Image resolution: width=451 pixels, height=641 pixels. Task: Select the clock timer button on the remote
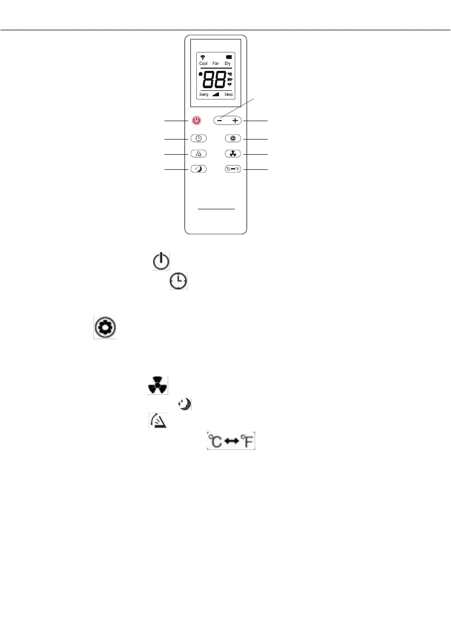(198, 138)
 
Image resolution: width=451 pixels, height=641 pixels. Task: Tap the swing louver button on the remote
(198, 154)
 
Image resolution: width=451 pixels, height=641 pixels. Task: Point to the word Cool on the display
(203, 63)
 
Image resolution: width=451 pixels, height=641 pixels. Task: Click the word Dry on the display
(228, 63)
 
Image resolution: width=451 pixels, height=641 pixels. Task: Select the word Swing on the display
(203, 94)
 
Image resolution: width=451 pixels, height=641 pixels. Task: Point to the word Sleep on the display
(228, 94)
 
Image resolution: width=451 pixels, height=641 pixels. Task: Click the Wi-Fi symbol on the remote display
(203, 57)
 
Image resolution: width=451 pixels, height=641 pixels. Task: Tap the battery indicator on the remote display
(228, 57)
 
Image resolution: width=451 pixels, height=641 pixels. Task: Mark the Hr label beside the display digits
(229, 79)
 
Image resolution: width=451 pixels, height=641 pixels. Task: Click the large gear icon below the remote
(105, 328)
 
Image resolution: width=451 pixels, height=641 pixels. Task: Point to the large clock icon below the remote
(178, 280)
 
